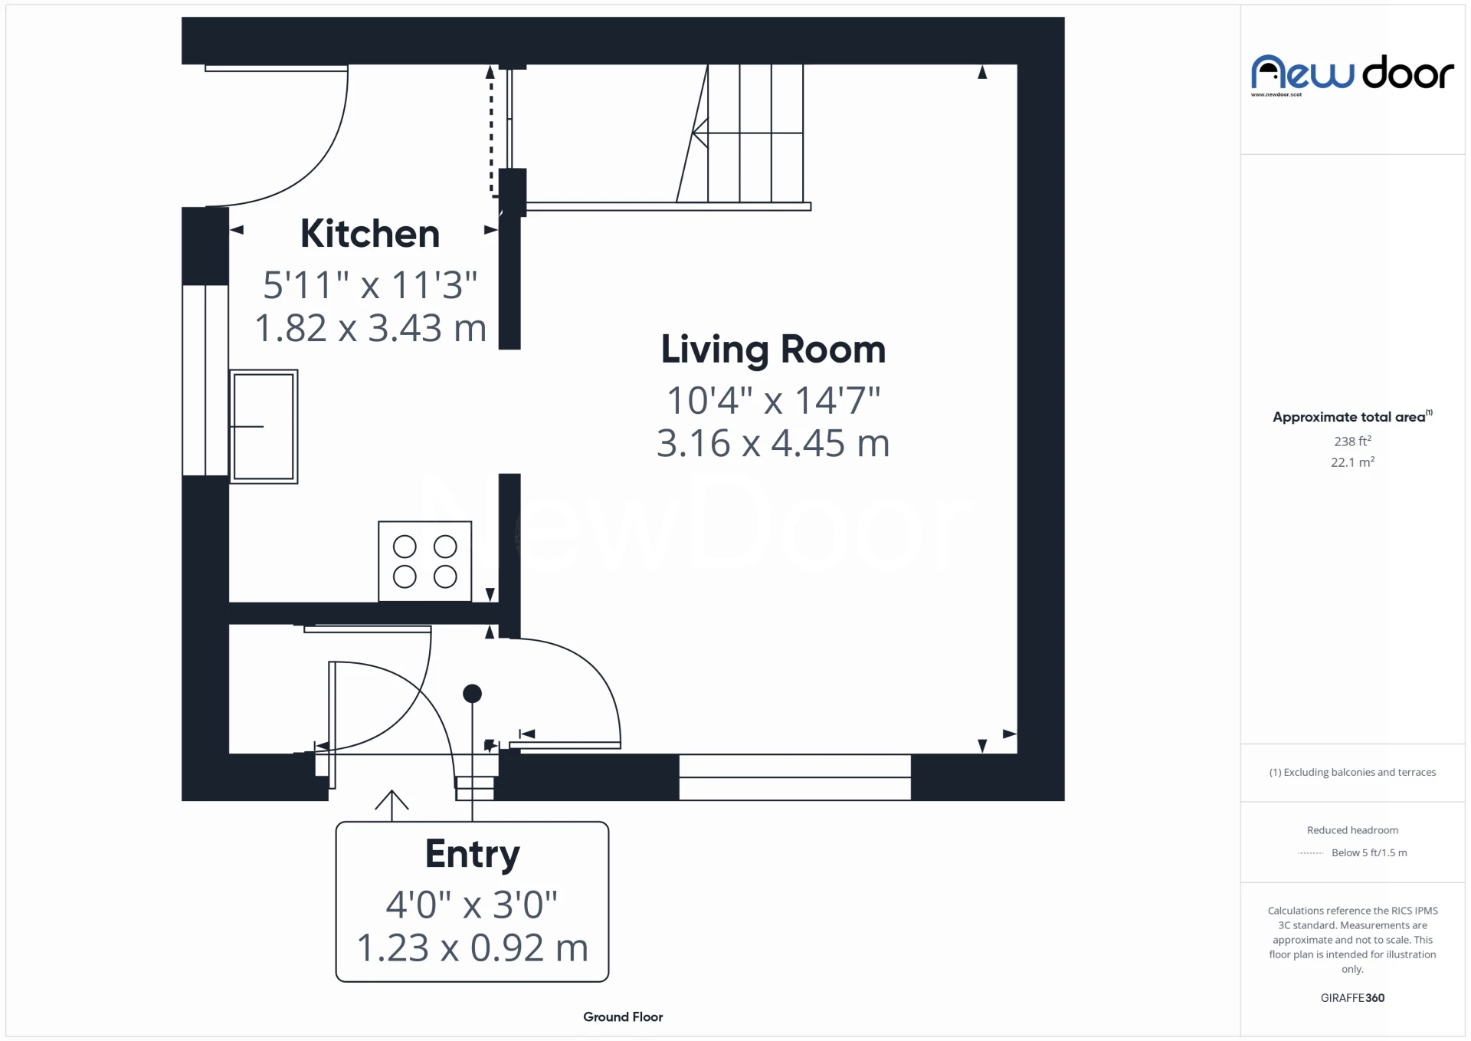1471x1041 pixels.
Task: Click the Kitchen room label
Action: (x=369, y=234)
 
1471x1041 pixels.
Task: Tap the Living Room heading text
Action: (x=772, y=350)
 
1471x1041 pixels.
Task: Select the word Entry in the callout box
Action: (x=472, y=854)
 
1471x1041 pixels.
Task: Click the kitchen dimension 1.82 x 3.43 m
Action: (x=370, y=328)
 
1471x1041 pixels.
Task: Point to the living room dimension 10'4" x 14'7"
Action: (x=773, y=400)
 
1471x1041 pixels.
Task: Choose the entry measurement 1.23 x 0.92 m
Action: (x=472, y=947)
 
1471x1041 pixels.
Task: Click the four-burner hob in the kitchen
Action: (x=424, y=561)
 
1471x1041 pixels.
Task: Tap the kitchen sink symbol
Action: (x=264, y=427)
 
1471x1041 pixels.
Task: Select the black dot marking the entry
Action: (x=472, y=694)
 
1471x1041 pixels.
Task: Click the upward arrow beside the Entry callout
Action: (x=392, y=803)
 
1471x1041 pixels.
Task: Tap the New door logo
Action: (x=1351, y=74)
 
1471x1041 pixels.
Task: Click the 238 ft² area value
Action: (x=1352, y=442)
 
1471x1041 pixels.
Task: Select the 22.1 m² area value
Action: (x=1352, y=462)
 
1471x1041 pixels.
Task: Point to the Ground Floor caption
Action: (x=623, y=1016)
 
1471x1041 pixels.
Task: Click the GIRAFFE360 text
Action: (x=1352, y=997)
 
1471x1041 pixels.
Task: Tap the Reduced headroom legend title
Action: (x=1352, y=830)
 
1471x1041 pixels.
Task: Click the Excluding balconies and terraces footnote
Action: (x=1352, y=772)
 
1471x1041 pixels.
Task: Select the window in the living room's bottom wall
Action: (x=794, y=777)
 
